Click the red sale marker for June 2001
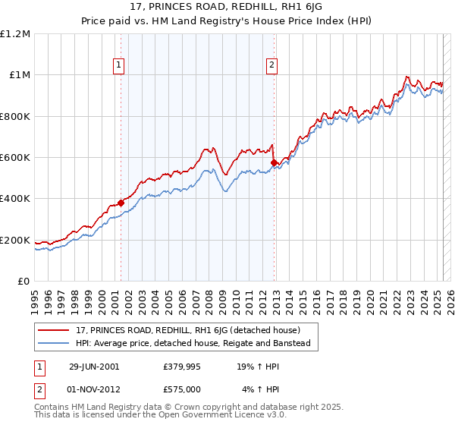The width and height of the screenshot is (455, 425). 121,203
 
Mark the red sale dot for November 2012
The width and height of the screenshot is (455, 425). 273,162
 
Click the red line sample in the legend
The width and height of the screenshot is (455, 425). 54,330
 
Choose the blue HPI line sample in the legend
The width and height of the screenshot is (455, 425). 54,343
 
